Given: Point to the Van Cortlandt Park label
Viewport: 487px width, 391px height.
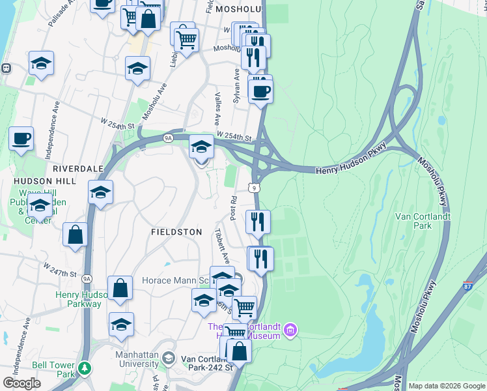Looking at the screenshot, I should point(414,221).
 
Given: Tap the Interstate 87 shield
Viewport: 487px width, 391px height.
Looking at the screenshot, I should point(468,285).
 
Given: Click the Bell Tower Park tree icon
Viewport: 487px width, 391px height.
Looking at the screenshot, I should point(84,369).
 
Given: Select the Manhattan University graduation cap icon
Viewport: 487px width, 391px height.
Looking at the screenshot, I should point(169,358).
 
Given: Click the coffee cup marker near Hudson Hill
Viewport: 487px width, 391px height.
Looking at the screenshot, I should point(21,139).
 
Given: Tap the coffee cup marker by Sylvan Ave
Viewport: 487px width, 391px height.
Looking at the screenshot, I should point(260,91).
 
